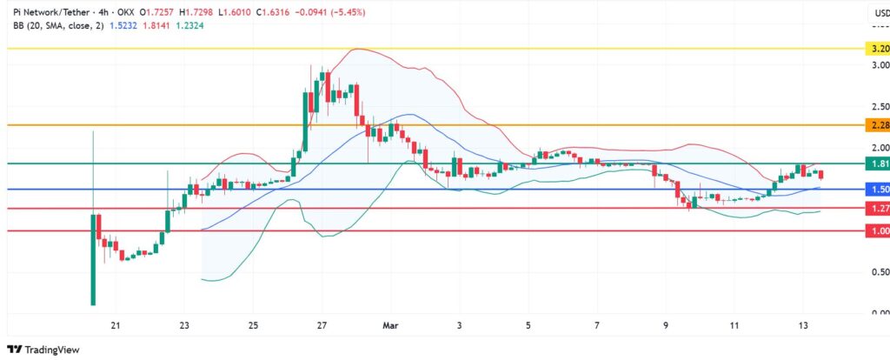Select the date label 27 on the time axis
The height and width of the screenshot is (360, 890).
(322, 326)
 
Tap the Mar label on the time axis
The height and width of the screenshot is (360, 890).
(390, 326)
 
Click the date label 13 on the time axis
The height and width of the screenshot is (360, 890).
(803, 326)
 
